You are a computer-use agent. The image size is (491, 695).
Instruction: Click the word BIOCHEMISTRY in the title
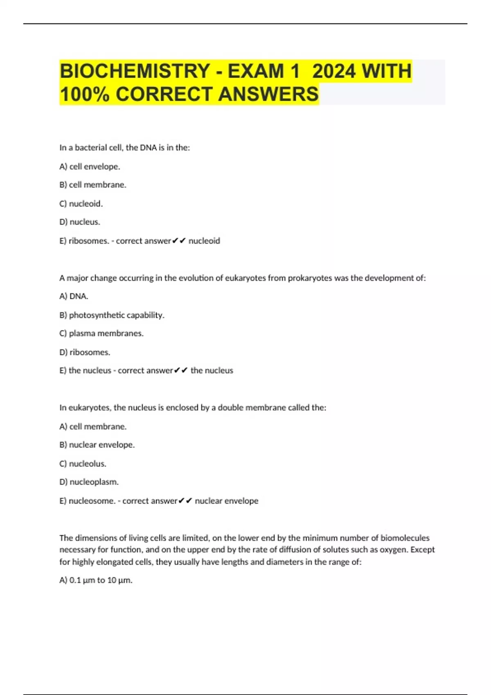tap(135, 71)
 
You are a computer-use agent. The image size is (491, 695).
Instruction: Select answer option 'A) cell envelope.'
tap(90, 166)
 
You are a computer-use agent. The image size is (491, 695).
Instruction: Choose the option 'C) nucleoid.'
tap(81, 204)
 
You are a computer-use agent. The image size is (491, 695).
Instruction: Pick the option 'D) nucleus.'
tap(80, 222)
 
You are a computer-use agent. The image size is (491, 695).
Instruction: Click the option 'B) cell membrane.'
tap(93, 185)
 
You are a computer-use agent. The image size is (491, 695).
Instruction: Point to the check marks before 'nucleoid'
tap(179, 241)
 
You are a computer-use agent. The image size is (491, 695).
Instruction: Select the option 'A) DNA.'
tap(74, 296)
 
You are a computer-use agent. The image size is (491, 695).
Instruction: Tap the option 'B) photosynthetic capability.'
tap(112, 315)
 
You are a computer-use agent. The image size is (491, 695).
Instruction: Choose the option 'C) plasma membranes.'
tap(101, 334)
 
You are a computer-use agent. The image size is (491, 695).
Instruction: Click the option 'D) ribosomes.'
tap(85, 352)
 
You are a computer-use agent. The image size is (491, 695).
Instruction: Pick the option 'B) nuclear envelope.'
tap(97, 445)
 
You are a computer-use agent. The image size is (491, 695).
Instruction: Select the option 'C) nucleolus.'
tap(83, 464)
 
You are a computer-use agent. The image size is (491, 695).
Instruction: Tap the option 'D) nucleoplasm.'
tap(89, 482)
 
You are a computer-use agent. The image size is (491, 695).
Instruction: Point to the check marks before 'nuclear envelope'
tap(185, 501)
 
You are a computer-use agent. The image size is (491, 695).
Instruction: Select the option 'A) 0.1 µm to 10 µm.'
tap(96, 580)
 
